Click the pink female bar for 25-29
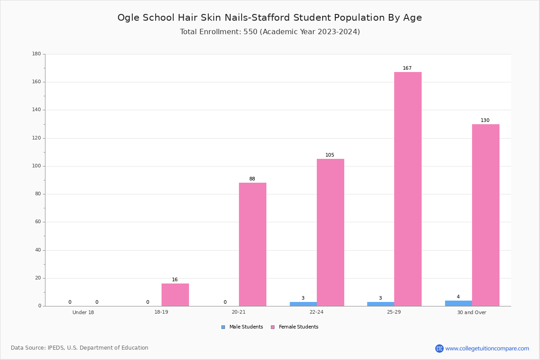tap(408, 189)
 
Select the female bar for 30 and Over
tap(486, 215)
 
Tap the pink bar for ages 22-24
tap(330, 233)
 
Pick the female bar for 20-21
tap(252, 244)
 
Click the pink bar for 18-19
tap(175, 295)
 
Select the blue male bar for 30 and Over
tap(459, 303)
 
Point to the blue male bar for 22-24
tap(303, 304)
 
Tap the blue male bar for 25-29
tap(381, 304)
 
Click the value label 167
tap(407, 68)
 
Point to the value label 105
tap(330, 155)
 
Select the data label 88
tap(252, 179)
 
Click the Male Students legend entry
tap(242, 327)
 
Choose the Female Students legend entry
tap(295, 327)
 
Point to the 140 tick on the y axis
tap(36, 110)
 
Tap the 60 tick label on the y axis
tap(38, 221)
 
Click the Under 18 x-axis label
tap(83, 312)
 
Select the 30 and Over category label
tap(472, 312)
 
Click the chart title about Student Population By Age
tap(270, 18)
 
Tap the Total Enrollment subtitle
tap(270, 31)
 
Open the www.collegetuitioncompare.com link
tap(487, 348)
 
